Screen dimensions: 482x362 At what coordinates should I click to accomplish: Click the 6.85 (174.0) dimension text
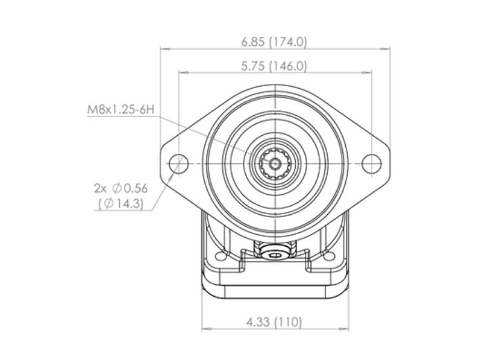(274, 42)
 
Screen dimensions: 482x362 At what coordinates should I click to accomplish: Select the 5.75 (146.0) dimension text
(274, 66)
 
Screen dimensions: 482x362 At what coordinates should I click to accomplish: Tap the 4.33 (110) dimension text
(274, 322)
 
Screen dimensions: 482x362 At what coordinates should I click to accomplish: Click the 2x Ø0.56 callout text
(121, 188)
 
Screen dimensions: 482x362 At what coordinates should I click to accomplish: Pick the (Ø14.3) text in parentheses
(121, 203)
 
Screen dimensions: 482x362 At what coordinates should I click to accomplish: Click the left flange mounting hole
(178, 164)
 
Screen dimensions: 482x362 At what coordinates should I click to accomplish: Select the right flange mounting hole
(372, 164)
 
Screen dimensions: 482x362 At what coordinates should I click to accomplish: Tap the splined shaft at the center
(275, 164)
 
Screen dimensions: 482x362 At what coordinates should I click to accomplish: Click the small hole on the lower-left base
(220, 256)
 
